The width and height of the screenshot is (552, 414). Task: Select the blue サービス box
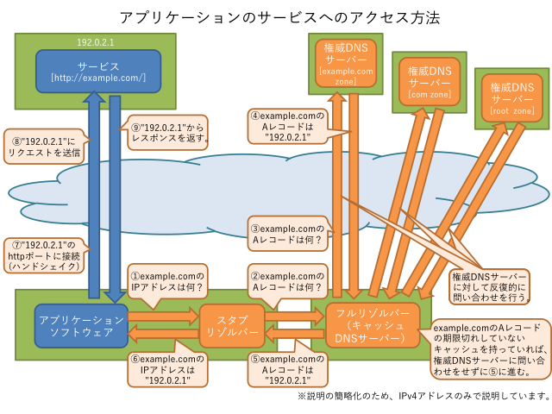coord(98,71)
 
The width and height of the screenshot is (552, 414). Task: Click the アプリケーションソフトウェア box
coord(81,325)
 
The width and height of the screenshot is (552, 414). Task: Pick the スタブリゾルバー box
coord(229,325)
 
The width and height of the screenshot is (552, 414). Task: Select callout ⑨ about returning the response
coord(169,130)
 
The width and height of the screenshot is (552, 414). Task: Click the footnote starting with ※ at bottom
coord(423,397)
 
